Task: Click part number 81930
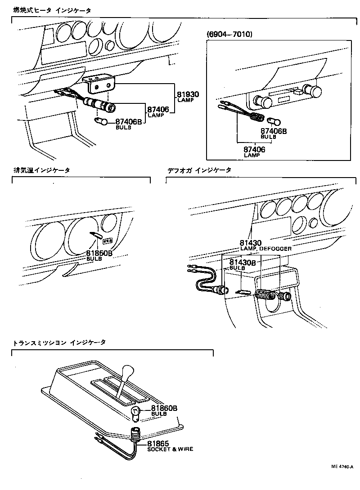tap(188, 95)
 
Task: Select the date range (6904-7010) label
tap(229, 34)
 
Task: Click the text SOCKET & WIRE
tap(170, 449)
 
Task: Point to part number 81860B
tap(164, 408)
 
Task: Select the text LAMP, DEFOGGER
tap(265, 249)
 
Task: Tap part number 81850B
tap(99, 253)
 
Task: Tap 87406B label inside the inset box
tap(274, 131)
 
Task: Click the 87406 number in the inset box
tap(254, 149)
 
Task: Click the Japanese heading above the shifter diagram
tap(59, 343)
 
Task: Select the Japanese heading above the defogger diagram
tap(199, 170)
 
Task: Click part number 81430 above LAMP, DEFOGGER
tap(251, 243)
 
